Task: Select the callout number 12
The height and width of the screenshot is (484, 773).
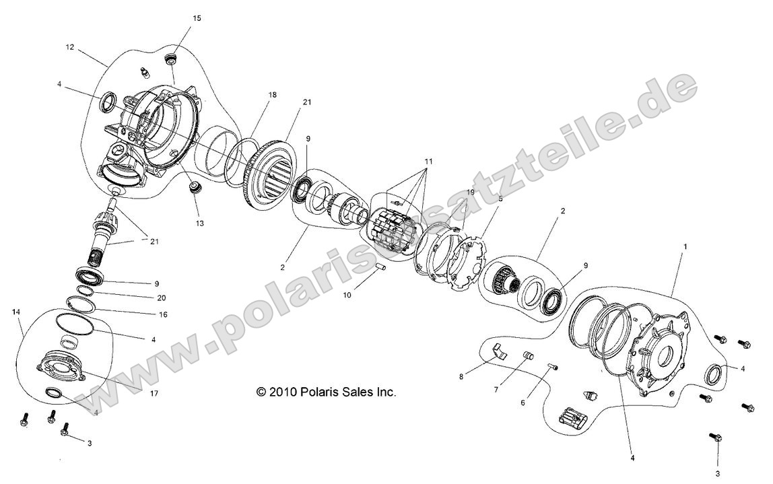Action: (x=69, y=48)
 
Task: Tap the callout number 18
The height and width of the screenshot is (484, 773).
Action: (x=272, y=96)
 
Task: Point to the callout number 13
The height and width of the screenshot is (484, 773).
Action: (x=200, y=223)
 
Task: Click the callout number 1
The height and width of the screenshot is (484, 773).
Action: (x=685, y=247)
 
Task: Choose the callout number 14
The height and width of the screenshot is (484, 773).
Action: (x=16, y=312)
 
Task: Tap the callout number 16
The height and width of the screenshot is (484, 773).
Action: (x=162, y=314)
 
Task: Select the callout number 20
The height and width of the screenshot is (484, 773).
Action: (x=161, y=298)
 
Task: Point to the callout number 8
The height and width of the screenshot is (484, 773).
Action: (x=461, y=377)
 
